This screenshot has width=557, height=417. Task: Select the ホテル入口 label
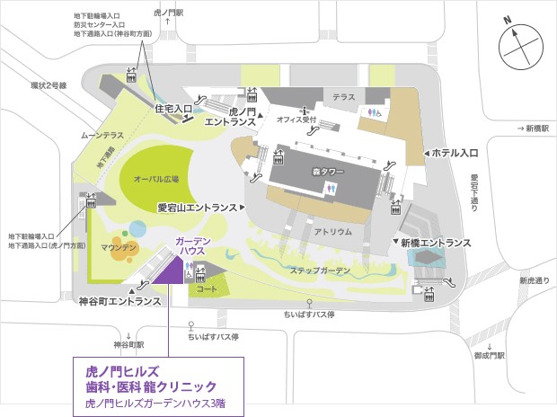[455, 154]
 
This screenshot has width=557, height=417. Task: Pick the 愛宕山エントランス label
[198, 207]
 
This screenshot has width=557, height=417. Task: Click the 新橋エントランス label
[436, 243]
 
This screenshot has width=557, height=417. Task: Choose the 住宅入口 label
[174, 109]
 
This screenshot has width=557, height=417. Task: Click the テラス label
[344, 95]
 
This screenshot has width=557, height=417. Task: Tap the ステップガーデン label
[320, 271]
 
